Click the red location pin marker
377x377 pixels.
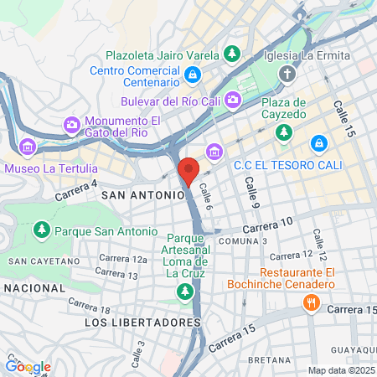tap(188, 171)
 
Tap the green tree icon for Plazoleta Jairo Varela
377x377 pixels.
tap(232, 54)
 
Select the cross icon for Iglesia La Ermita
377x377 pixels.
tap(287, 74)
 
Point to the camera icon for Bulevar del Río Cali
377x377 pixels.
tap(232, 101)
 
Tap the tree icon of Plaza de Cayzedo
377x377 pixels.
tap(285, 132)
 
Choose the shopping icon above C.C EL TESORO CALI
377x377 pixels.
tap(318, 143)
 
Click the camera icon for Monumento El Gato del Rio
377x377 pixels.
tap(72, 126)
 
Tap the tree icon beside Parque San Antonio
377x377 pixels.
tap(40, 230)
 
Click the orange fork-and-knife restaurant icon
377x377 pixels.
tap(312, 302)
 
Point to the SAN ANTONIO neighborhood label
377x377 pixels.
tap(142, 194)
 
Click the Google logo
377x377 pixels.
tap(28, 366)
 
